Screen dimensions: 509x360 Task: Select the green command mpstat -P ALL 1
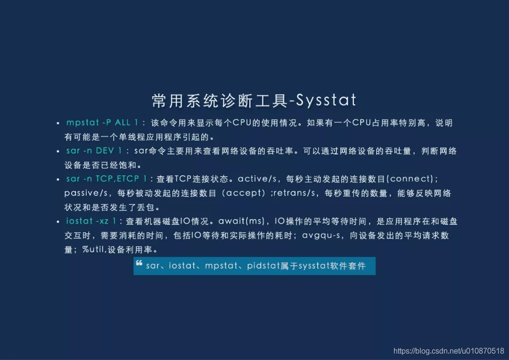[102, 123]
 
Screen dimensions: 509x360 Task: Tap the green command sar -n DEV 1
[94, 151]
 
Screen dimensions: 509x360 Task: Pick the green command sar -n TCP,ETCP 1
[107, 179]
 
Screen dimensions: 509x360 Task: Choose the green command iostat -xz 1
[91, 221]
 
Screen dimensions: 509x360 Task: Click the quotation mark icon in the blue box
[139, 263]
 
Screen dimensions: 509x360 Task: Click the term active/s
[257, 179]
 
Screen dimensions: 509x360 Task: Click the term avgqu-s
[321, 235]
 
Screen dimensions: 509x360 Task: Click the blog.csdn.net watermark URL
[449, 351]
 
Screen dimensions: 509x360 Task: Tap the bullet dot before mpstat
[58, 123]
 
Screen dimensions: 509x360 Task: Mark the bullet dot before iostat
[58, 222]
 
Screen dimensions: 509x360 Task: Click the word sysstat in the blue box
[314, 266]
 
